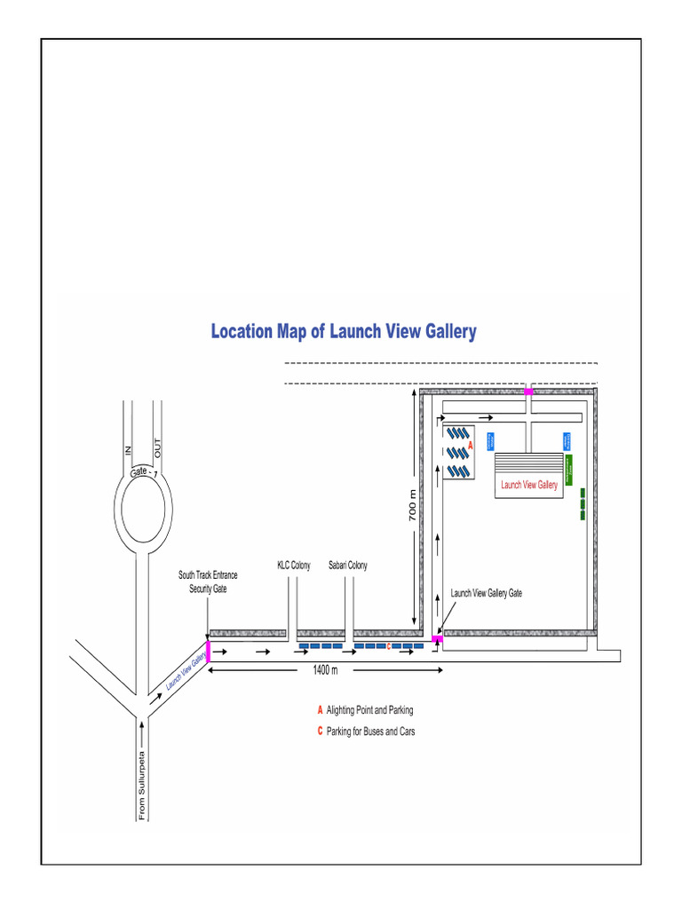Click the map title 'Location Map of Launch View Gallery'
coord(343,332)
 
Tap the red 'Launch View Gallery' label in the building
coord(529,485)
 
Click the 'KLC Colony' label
coord(294,565)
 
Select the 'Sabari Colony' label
coord(347,565)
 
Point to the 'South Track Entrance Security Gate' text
coord(208,581)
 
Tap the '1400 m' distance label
coord(325,670)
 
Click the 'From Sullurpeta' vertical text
coord(142,786)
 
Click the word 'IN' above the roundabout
coord(128,451)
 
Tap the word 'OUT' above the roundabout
coord(158,449)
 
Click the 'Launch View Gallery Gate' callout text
coord(486,593)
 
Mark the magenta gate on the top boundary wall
coord(528,391)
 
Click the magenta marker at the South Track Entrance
coord(208,651)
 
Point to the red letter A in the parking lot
coord(470,443)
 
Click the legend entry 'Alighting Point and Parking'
coord(369,710)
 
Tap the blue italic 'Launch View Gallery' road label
coord(186,668)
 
